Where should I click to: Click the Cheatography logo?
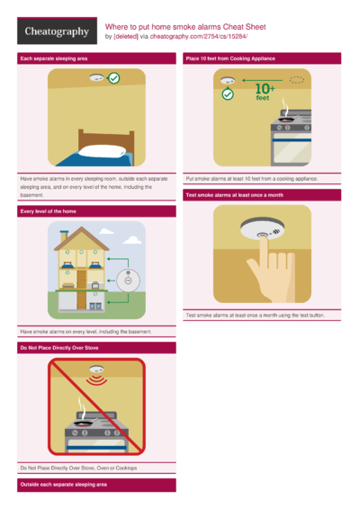pyautogui.click(x=56, y=31)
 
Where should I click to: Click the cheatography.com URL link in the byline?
pyautogui.click(x=198, y=37)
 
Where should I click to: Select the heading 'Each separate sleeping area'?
pyautogui.click(x=54, y=58)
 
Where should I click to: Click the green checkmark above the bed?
pyautogui.click(x=113, y=79)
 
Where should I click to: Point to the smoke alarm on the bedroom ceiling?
pyautogui.click(x=95, y=78)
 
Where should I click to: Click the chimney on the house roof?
pyautogui.click(x=65, y=237)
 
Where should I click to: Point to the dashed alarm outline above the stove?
pyautogui.click(x=297, y=80)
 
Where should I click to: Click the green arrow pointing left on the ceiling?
pyautogui.click(x=266, y=79)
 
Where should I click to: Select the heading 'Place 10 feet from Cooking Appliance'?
pyautogui.click(x=230, y=58)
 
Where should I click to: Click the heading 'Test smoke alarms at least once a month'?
pyautogui.click(x=234, y=194)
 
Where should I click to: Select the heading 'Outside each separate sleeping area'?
pyautogui.click(x=63, y=484)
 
